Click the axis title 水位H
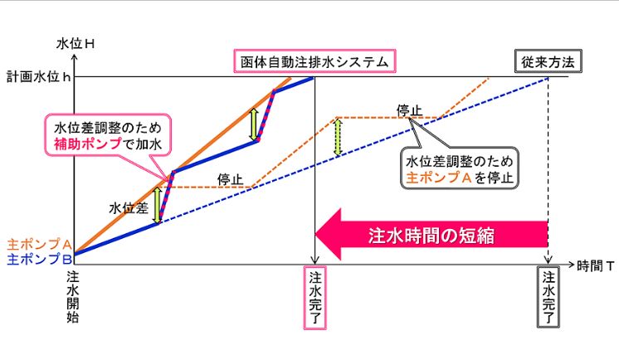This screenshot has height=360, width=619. pyautogui.click(x=76, y=43)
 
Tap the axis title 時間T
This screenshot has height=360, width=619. pyautogui.click(x=596, y=266)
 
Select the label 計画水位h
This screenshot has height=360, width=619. pyautogui.click(x=39, y=76)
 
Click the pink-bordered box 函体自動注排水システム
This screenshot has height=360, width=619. pyautogui.click(x=314, y=61)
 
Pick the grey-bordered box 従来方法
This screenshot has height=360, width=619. pyautogui.click(x=548, y=61)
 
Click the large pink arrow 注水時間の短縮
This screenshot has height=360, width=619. pyautogui.click(x=431, y=235)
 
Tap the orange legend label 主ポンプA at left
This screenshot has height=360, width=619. pyautogui.click(x=39, y=245)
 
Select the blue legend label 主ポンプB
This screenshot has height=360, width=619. pyautogui.click(x=40, y=259)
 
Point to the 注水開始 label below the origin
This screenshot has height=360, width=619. pyautogui.click(x=73, y=297)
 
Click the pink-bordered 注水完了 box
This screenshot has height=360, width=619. pyautogui.click(x=315, y=298)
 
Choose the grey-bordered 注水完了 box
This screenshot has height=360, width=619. pyautogui.click(x=548, y=297)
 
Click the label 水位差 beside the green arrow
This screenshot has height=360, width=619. pyautogui.click(x=129, y=207)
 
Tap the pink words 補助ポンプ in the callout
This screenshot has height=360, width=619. pyautogui.click(x=88, y=144)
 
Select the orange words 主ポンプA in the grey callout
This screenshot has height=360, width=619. pyautogui.click(x=439, y=178)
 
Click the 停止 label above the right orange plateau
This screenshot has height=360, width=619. pyautogui.click(x=409, y=111)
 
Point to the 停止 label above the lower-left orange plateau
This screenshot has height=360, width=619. pyautogui.click(x=230, y=180)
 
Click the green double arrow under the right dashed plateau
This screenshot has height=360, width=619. pyautogui.click(x=338, y=138)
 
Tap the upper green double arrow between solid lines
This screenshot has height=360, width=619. pyautogui.click(x=254, y=124)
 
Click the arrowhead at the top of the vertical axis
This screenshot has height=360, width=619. pyautogui.click(x=75, y=57)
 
